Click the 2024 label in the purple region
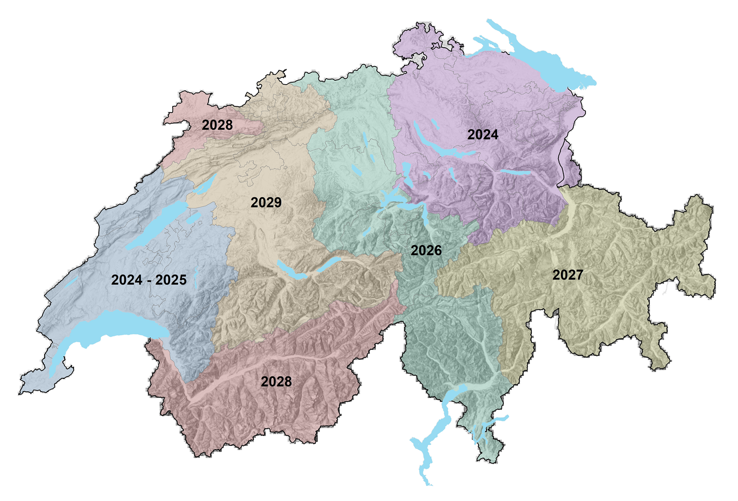tap(483, 134)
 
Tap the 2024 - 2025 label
tap(149, 280)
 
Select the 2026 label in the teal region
tap(426, 250)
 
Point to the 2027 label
tap(567, 275)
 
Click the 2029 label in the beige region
tap(266, 202)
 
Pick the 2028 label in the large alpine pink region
tap(276, 381)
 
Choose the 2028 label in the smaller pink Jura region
tap(217, 125)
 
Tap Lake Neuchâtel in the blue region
tap(157, 226)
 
